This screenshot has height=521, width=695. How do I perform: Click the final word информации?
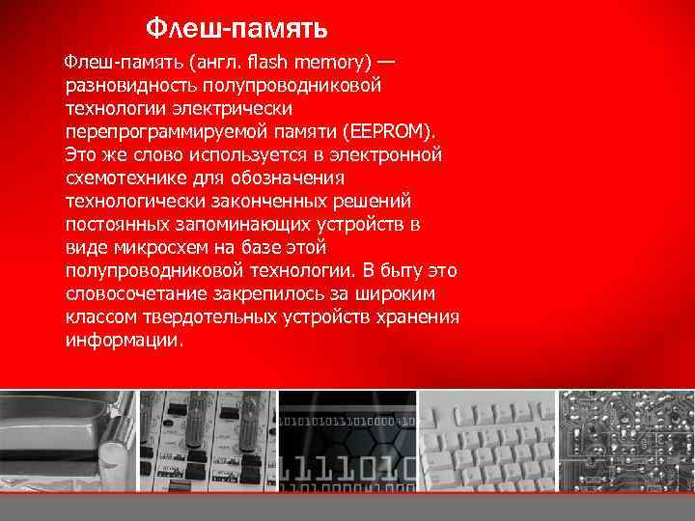(x=123, y=340)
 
